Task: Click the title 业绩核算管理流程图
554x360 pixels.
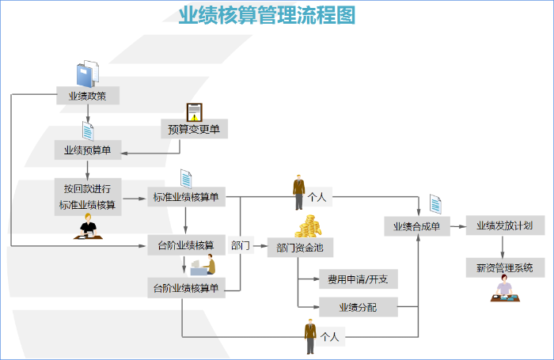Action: point(267,15)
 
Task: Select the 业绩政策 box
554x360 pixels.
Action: point(87,97)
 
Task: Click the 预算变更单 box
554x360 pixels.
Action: point(194,129)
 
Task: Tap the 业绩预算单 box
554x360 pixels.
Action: point(87,150)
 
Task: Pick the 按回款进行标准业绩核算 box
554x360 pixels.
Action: point(87,197)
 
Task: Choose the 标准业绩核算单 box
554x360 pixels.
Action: point(186,197)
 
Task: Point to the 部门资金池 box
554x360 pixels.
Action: point(300,248)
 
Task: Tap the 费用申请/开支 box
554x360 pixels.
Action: point(358,279)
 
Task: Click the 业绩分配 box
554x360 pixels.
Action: point(358,306)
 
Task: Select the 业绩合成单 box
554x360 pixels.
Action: point(417,226)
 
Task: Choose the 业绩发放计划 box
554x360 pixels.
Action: point(504,225)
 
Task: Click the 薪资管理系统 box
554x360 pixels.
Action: point(504,267)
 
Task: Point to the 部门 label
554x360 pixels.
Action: point(241,246)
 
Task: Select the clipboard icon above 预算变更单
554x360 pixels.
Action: point(194,112)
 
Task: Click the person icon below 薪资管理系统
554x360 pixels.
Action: point(503,292)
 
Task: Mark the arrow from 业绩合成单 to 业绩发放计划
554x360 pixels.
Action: point(457,226)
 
